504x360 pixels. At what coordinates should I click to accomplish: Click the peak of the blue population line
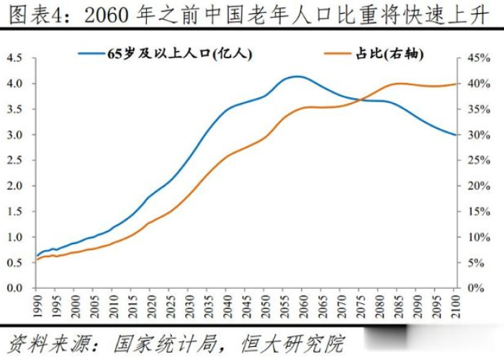pyautogui.click(x=297, y=76)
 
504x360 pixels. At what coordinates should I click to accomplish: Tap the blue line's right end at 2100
pyautogui.click(x=455, y=135)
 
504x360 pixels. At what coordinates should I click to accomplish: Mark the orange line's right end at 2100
pyautogui.click(x=455, y=84)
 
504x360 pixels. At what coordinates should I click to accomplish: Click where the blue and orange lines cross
pyautogui.click(x=364, y=99)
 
